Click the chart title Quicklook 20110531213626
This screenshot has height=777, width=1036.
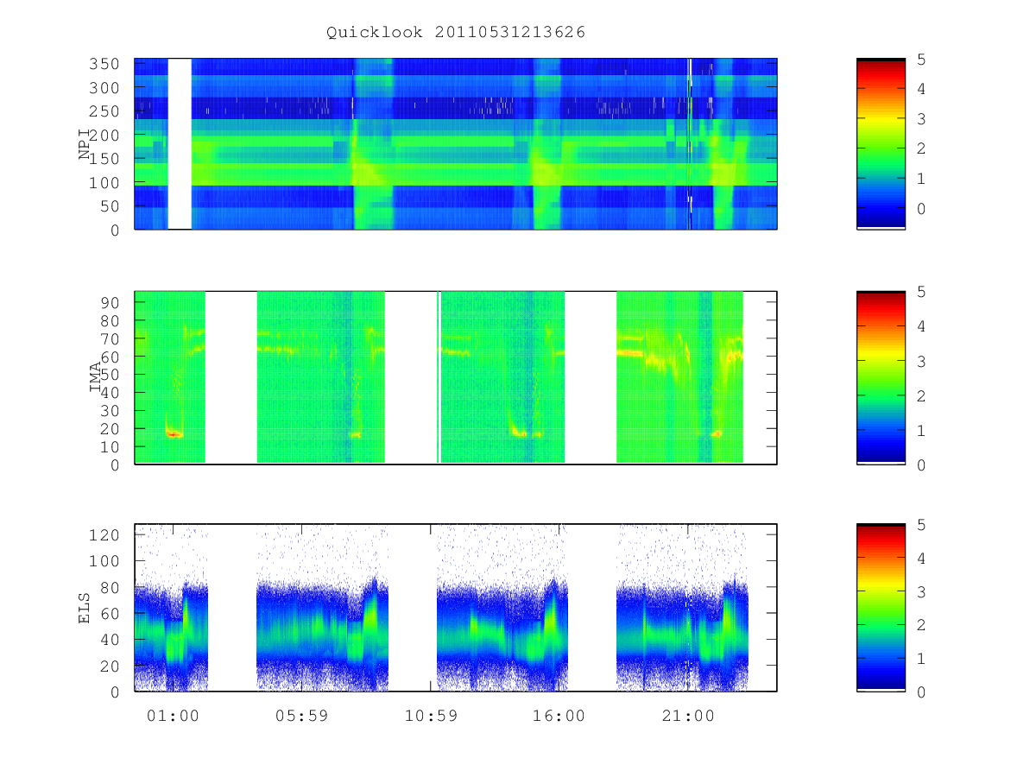(x=456, y=32)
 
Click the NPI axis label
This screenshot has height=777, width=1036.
(x=85, y=145)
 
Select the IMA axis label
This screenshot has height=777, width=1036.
(x=95, y=377)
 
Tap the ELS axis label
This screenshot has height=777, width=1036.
(x=85, y=608)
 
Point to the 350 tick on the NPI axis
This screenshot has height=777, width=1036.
(x=104, y=64)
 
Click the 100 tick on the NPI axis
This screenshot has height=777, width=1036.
(x=104, y=182)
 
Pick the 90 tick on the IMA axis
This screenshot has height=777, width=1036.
(x=110, y=303)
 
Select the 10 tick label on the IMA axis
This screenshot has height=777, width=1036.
(x=110, y=446)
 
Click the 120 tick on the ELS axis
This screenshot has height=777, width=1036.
(x=104, y=535)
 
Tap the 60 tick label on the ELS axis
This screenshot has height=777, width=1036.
(x=110, y=613)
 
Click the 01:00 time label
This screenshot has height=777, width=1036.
(x=173, y=716)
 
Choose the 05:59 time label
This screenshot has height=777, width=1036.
(x=301, y=716)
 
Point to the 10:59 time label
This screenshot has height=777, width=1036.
(x=431, y=716)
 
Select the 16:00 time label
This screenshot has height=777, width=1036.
(x=559, y=716)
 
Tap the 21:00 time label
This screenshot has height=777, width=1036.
(x=688, y=716)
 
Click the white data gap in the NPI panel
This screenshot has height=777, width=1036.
(x=180, y=144)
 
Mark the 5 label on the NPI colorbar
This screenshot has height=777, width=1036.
(x=921, y=60)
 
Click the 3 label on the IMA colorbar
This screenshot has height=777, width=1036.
(x=921, y=362)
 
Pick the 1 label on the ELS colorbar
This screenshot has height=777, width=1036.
(x=921, y=659)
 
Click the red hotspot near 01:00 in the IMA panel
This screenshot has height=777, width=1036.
(x=174, y=434)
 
